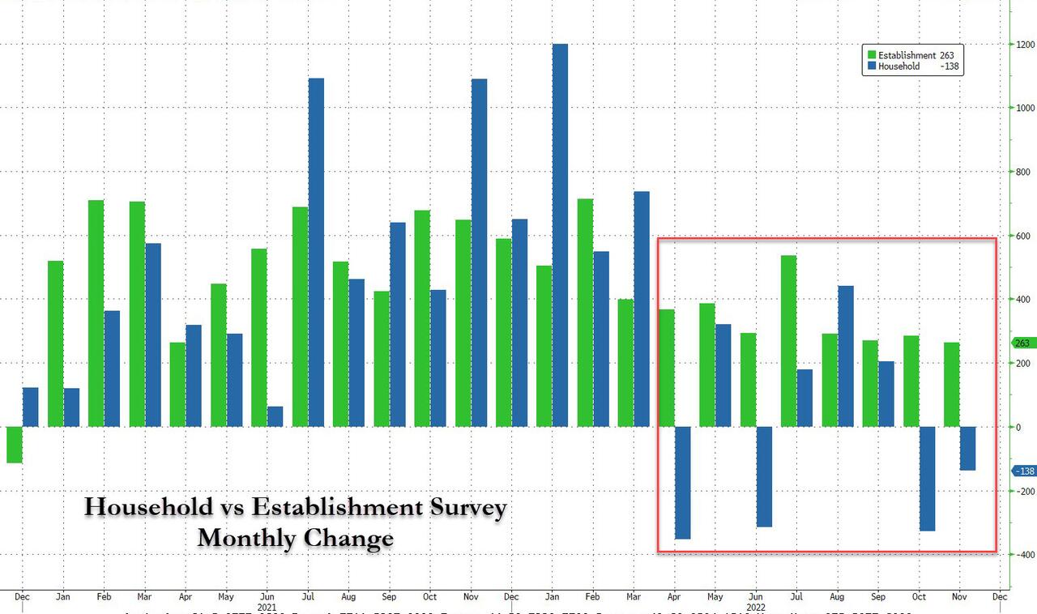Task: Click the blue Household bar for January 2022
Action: [x=560, y=235]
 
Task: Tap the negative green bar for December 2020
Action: [x=14, y=445]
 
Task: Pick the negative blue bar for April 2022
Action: [x=682, y=483]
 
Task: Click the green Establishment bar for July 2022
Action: [x=788, y=341]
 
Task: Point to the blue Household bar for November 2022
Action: [x=967, y=448]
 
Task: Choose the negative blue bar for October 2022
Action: [x=927, y=479]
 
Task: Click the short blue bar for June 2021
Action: [x=275, y=416]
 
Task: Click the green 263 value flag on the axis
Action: [x=1020, y=343]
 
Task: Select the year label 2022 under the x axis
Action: [x=754, y=605]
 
